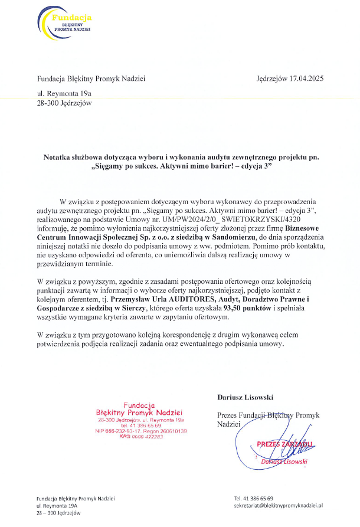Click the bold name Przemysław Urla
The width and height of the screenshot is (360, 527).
point(128,299)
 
